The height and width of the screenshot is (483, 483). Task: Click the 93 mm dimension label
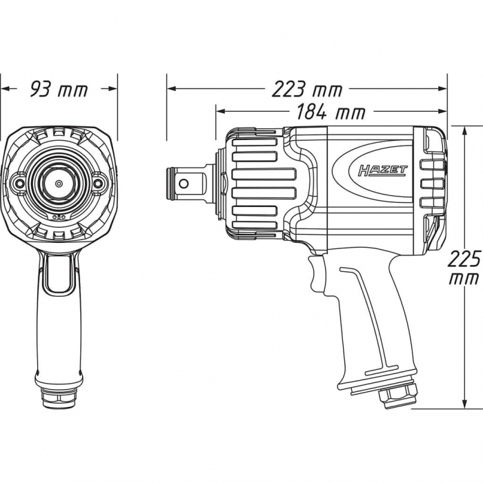click(59, 89)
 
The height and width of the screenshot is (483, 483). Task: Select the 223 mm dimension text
click(307, 89)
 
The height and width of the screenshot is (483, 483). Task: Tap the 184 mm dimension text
click(331, 112)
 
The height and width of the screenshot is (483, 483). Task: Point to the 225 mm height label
click(464, 268)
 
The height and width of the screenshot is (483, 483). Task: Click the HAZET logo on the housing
click(382, 170)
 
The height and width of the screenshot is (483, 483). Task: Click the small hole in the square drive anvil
click(184, 184)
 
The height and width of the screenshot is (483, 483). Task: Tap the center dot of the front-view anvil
click(59, 184)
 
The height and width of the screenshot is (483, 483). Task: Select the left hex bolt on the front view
click(19, 183)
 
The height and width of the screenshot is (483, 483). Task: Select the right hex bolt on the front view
click(99, 184)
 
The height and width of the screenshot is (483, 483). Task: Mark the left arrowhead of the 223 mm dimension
click(172, 89)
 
